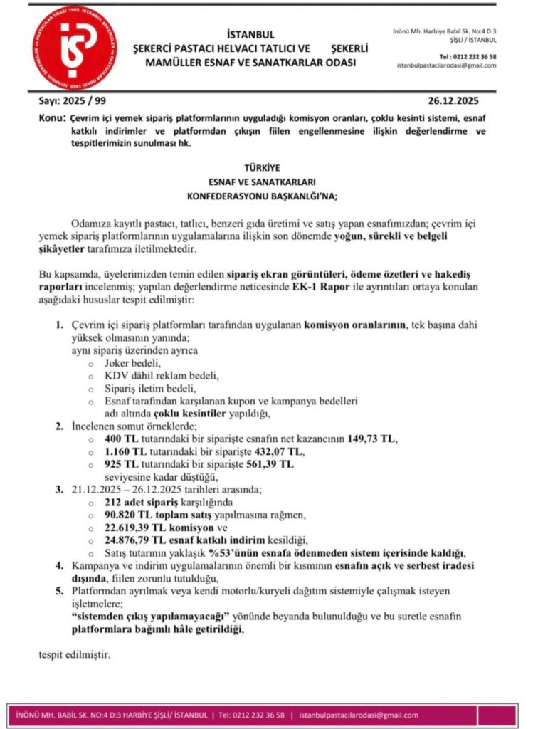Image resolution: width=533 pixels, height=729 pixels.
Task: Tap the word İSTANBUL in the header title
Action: point(250,35)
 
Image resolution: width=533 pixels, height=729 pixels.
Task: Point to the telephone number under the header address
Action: point(468,56)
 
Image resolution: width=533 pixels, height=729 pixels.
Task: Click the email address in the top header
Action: point(447,65)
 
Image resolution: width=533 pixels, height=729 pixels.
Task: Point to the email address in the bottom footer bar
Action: point(359,715)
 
